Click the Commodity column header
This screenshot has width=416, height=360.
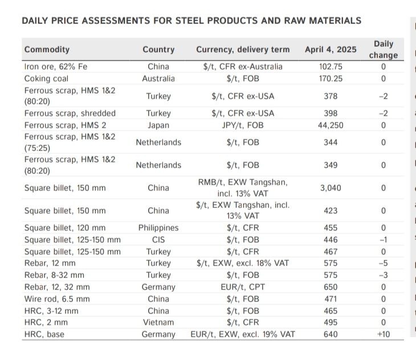pyautogui.click(x=47, y=50)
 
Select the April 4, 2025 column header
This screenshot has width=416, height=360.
pyautogui.click(x=331, y=50)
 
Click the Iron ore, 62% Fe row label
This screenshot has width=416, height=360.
pyautogui.click(x=55, y=67)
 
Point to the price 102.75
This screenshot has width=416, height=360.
pyautogui.click(x=331, y=67)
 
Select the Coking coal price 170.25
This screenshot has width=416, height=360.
pyautogui.click(x=331, y=78)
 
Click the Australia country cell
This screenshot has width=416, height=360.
pyautogui.click(x=158, y=78)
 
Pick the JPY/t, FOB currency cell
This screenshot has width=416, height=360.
pyautogui.click(x=243, y=125)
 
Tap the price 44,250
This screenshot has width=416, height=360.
pyautogui.click(x=331, y=125)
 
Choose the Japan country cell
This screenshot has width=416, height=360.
pyautogui.click(x=158, y=125)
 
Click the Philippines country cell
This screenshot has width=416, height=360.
pyautogui.click(x=158, y=228)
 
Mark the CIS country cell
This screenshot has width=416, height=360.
pyautogui.click(x=158, y=240)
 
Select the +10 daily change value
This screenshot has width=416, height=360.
pyautogui.click(x=383, y=334)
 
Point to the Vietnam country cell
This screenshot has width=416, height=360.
pyautogui.click(x=158, y=322)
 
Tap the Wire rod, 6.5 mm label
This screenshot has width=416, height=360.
pyautogui.click(x=57, y=299)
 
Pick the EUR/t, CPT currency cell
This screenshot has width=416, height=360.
pyautogui.click(x=243, y=287)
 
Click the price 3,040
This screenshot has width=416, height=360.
pyautogui.click(x=331, y=187)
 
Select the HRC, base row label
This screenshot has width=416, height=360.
pyautogui.click(x=44, y=334)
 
